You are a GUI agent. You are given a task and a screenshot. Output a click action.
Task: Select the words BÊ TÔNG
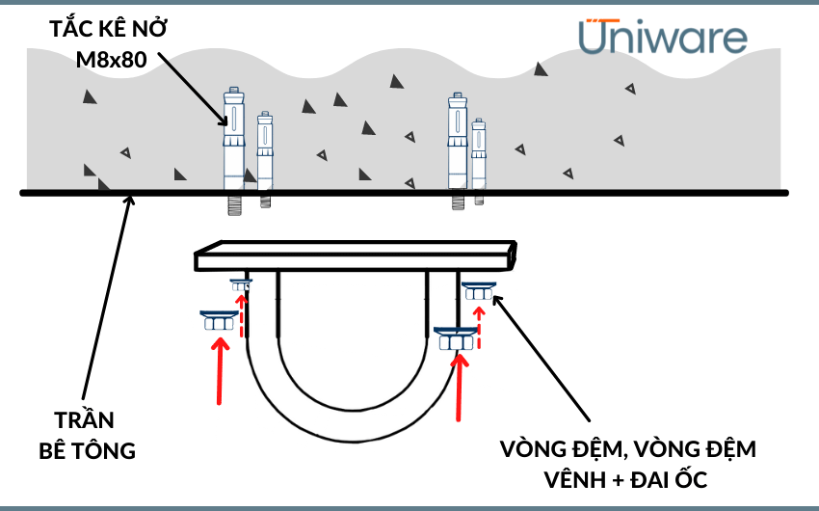click(x=88, y=450)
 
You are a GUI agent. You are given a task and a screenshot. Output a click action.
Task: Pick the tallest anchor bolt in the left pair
click(x=233, y=145)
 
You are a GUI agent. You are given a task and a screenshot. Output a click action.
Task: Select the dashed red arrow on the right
click(x=480, y=324)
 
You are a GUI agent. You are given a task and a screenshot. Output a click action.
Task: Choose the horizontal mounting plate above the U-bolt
click(x=357, y=258)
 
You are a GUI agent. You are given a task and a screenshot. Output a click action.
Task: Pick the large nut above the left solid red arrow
click(x=219, y=321)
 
